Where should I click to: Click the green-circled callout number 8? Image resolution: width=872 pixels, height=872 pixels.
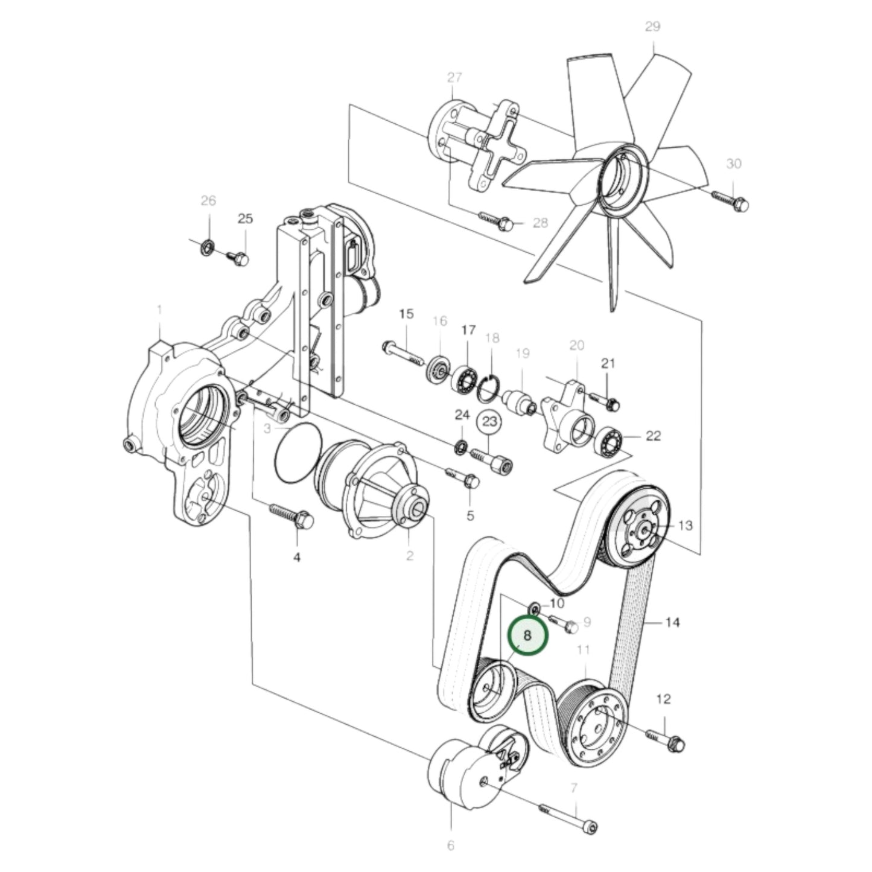pos(527,635)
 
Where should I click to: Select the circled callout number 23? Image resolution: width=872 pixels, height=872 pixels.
pos(490,422)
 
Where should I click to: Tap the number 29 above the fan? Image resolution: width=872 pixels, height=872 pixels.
pos(653,27)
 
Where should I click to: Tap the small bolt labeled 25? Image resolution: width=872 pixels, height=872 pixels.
pos(238,258)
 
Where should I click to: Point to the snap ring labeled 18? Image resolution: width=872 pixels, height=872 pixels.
pos(488,389)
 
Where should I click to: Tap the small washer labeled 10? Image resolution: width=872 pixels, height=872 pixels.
pos(535,606)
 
